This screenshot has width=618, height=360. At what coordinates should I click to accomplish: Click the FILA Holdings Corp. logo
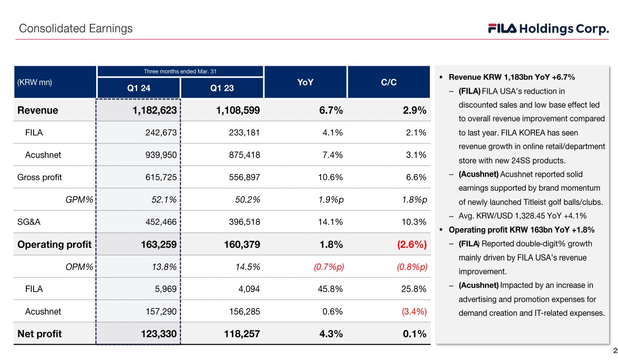tap(548, 29)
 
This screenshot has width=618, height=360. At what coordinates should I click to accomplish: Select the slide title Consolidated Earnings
tap(76, 28)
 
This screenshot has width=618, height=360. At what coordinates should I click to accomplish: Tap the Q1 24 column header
tap(139, 88)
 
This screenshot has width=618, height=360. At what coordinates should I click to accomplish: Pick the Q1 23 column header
tap(222, 88)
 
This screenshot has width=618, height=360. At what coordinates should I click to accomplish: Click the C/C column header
tap(388, 83)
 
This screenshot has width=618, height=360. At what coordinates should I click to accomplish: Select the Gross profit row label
tap(39, 177)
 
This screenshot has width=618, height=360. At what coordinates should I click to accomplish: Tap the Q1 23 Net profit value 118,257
tap(238, 334)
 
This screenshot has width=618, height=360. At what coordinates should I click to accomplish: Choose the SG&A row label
tap(29, 222)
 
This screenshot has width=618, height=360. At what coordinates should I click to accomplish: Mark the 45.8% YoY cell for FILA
tap(330, 289)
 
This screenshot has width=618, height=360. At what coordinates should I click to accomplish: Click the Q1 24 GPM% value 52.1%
tap(163, 199)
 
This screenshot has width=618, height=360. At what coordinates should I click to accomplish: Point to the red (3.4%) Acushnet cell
tap(414, 311)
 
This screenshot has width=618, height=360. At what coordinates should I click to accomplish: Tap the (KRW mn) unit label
tap(35, 83)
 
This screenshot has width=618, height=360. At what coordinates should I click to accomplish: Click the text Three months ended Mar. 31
tap(180, 71)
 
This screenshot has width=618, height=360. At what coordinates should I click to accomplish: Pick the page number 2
tap(615, 351)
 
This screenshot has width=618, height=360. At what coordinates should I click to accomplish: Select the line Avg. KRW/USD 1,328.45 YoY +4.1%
tap(522, 216)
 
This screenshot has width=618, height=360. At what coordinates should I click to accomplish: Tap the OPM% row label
tap(79, 266)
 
